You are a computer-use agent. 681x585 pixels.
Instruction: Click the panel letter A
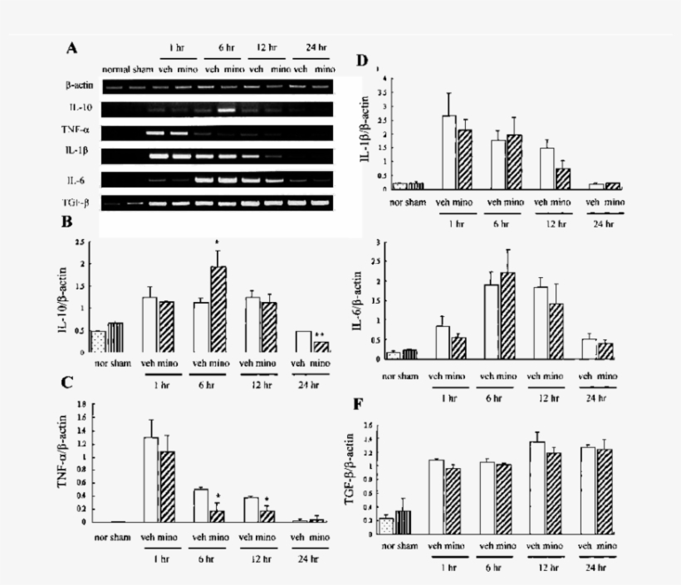72,48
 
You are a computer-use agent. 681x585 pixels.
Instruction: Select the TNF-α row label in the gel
81,131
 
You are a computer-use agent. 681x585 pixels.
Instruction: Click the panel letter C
72,383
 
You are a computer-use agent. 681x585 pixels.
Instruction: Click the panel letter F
359,407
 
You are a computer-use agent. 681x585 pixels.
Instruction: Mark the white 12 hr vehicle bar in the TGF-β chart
537,490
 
